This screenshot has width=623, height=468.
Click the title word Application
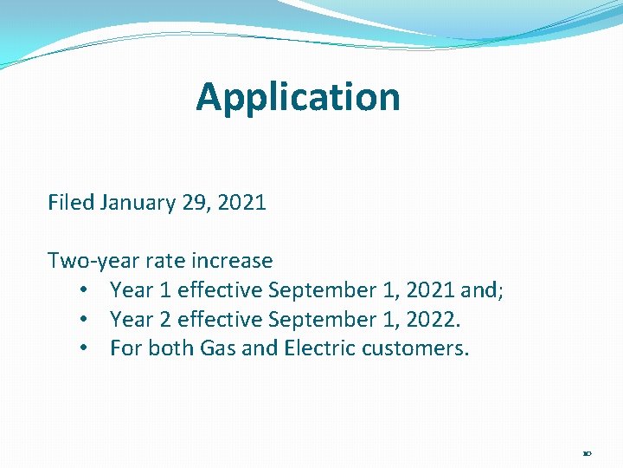[298, 97]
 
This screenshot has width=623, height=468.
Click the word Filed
[71, 203]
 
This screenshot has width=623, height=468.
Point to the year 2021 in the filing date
[241, 203]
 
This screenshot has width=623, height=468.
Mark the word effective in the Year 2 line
[220, 320]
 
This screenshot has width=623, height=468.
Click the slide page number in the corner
[587, 452]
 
